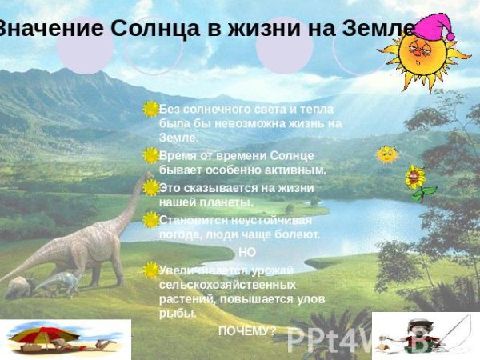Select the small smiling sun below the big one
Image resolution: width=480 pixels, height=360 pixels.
(x=387, y=154)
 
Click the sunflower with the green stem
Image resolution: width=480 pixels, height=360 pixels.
(x=414, y=178)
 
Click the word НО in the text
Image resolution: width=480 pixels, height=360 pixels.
(x=247, y=253)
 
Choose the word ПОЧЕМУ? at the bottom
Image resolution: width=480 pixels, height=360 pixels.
(x=247, y=330)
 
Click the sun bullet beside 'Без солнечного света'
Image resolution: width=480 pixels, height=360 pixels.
(x=150, y=109)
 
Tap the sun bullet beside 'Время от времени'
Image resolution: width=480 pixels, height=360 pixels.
(x=150, y=155)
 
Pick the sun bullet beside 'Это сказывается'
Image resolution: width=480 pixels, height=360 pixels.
(x=150, y=187)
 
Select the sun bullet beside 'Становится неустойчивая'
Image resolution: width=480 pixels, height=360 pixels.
(x=150, y=219)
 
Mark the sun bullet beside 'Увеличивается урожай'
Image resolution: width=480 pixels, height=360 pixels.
(x=150, y=270)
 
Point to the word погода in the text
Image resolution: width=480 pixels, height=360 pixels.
(x=178, y=235)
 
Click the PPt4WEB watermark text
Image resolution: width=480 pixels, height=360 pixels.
(x=336, y=340)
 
